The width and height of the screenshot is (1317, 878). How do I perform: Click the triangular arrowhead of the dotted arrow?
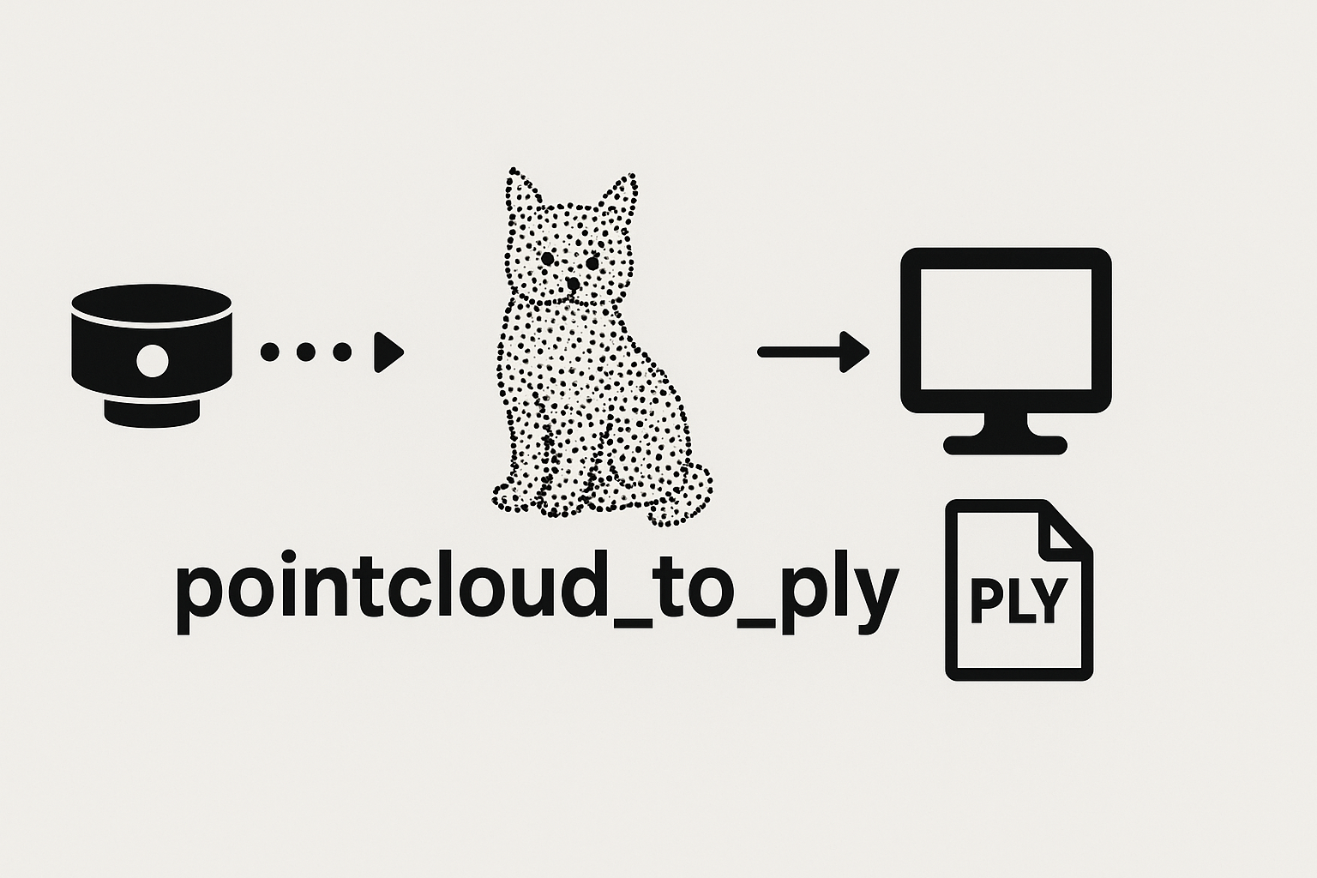coord(387,352)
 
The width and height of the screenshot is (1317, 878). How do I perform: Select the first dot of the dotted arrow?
coord(271,352)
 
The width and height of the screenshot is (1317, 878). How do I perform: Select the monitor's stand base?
coord(1005,444)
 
